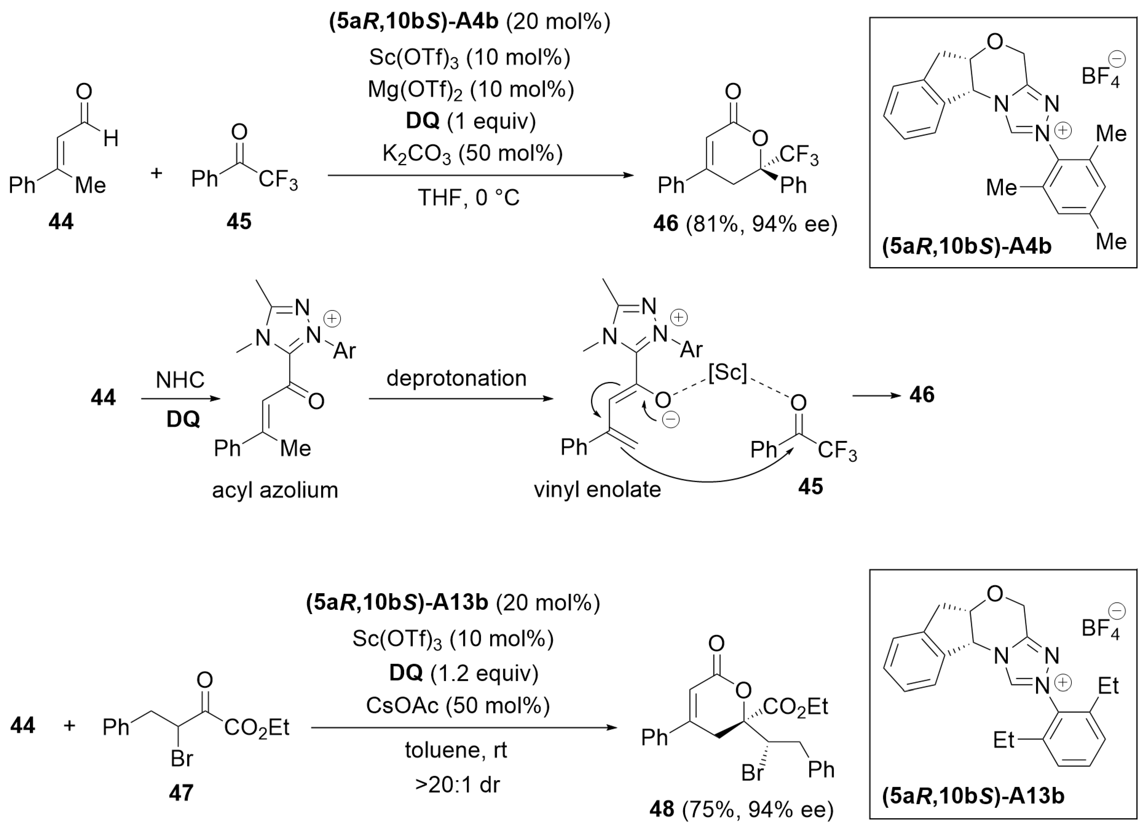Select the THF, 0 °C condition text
pyautogui.click(x=468, y=197)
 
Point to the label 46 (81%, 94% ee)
pyautogui.click(x=745, y=223)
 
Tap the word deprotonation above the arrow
pyautogui.click(x=456, y=378)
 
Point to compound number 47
pyautogui.click(x=181, y=793)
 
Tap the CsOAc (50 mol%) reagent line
pyautogui.click(x=458, y=705)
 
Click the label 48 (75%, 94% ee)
pyautogui.click(x=741, y=809)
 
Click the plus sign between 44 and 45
pyautogui.click(x=157, y=173)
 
